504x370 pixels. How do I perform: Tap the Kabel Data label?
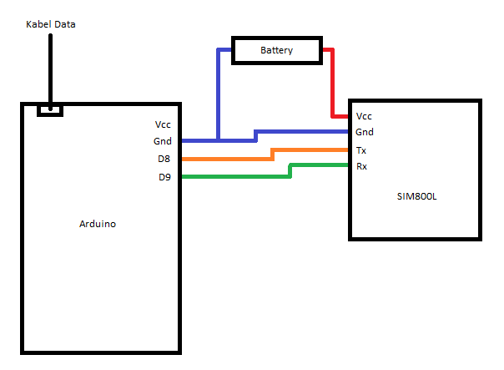point(51,24)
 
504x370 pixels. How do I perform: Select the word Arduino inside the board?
point(98,224)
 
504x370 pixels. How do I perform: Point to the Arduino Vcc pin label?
point(162,124)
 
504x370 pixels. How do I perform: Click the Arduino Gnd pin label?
point(162,141)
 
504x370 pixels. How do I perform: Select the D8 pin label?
point(165,158)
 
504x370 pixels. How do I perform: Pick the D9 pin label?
point(165,176)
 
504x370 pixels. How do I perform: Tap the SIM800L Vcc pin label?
point(364,116)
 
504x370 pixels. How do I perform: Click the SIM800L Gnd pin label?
point(365,132)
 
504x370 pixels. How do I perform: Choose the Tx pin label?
point(361,150)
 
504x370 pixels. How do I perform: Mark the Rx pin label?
point(361,166)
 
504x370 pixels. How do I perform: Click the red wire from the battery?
point(332,84)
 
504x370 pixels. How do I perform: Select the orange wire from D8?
point(225,158)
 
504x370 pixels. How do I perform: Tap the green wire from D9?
point(234,176)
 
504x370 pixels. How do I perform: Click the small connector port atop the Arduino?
point(50,109)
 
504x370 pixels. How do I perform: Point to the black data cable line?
point(50,67)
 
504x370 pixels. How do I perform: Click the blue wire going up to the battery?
point(219,92)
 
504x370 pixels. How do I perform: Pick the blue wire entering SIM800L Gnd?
point(300,132)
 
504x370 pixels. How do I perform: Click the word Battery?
point(276,51)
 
